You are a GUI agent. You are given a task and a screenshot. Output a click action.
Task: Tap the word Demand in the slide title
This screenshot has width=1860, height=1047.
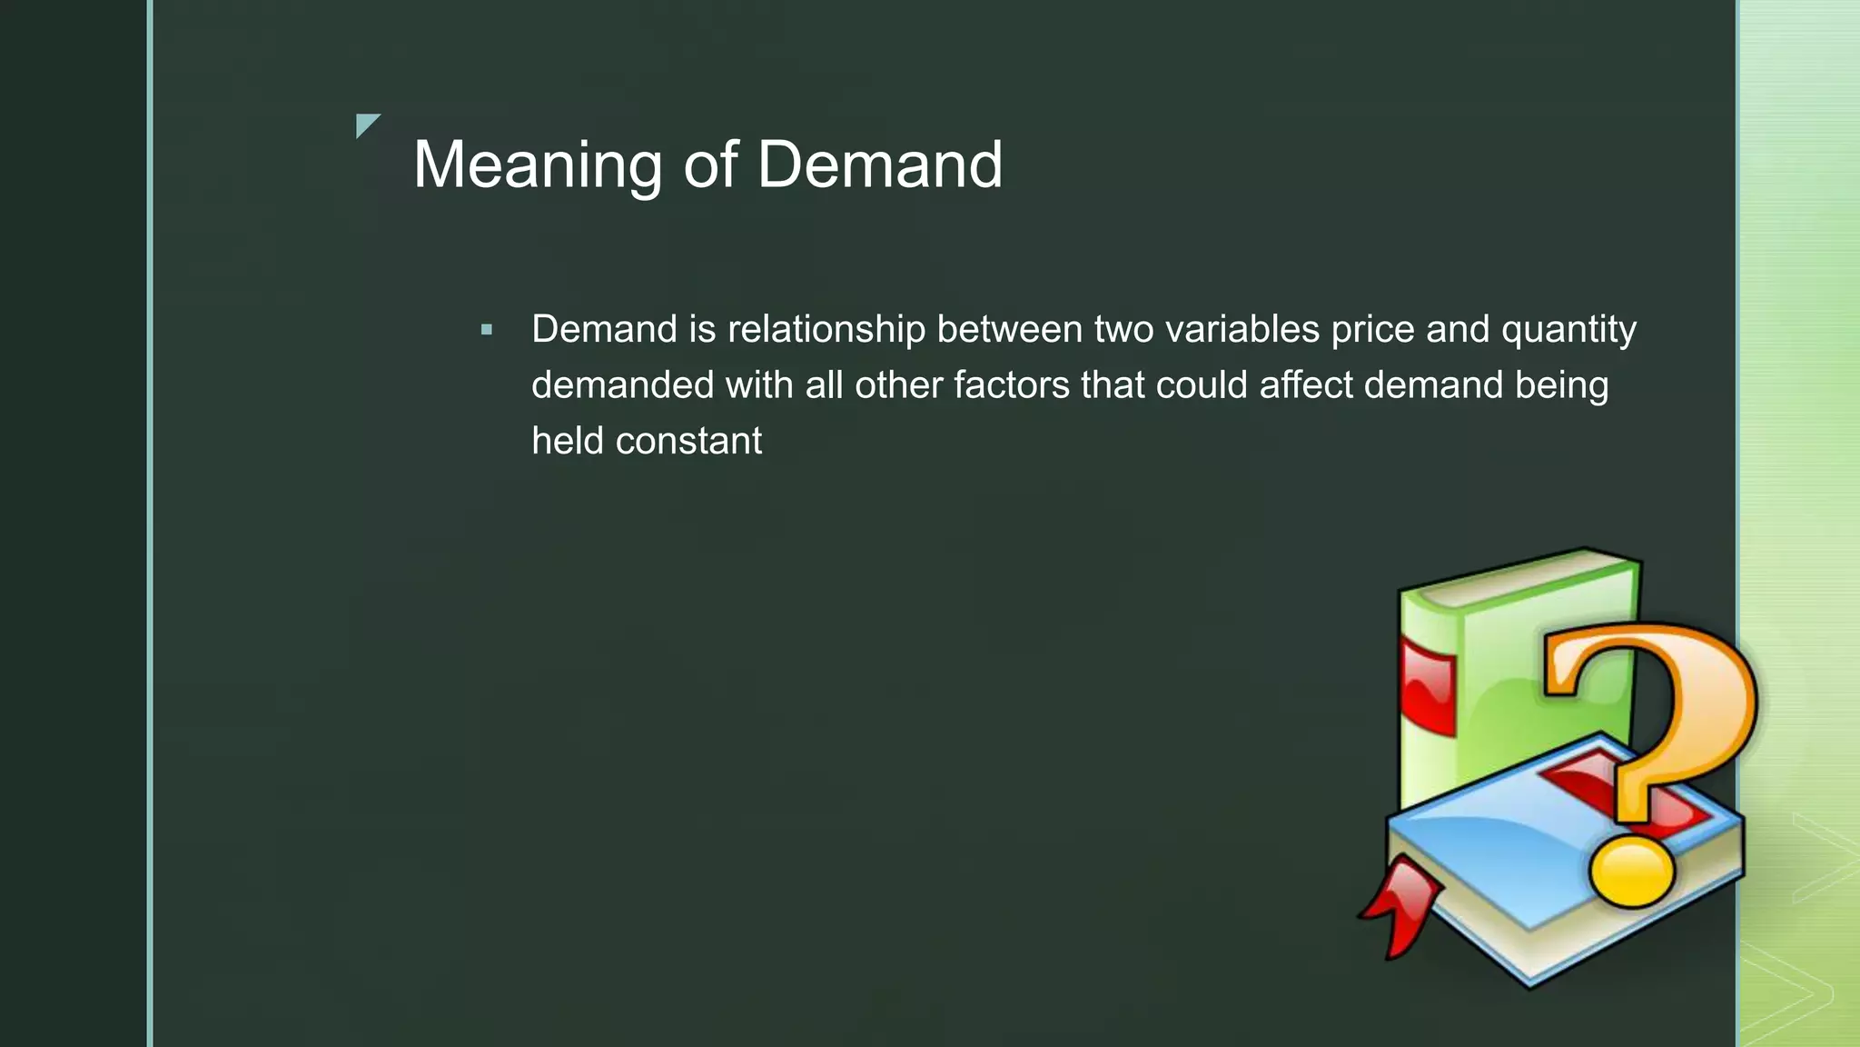tap(879, 165)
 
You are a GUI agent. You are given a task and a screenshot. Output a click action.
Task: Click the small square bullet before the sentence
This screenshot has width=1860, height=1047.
tap(487, 330)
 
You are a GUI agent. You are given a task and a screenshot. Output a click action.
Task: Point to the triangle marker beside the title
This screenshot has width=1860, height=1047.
tap(366, 125)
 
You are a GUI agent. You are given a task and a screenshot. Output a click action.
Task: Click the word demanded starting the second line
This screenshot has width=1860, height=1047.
tap(622, 385)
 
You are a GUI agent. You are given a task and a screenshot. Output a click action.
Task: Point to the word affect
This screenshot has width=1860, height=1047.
tap(1306, 385)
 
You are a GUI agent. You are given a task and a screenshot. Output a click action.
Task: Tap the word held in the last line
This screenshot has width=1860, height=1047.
tap(567, 442)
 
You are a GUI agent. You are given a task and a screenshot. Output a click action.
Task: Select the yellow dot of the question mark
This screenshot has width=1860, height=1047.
tap(1631, 870)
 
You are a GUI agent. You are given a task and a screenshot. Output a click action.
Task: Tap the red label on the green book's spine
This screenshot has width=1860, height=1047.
tap(1428, 686)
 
